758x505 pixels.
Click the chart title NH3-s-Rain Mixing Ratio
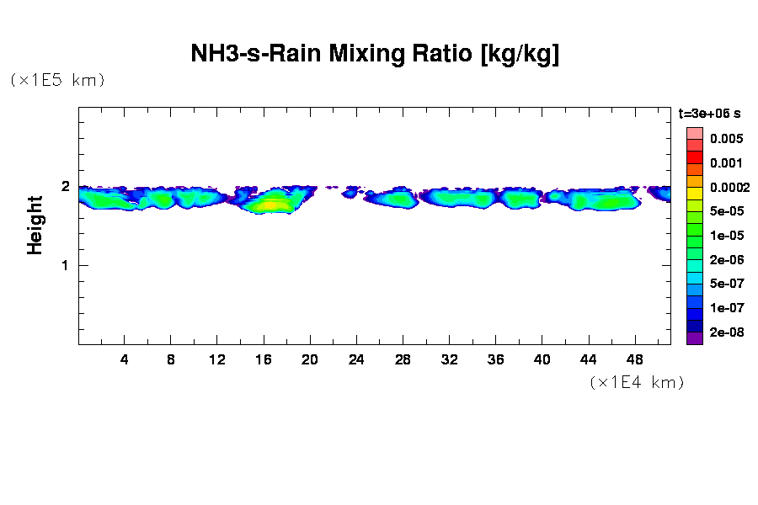coord(375,55)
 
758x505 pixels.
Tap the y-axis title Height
coord(35,225)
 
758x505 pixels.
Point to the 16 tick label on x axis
coord(264,359)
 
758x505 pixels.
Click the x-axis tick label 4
coord(125,359)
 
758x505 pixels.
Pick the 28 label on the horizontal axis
coord(403,359)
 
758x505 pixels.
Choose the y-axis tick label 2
coord(64,186)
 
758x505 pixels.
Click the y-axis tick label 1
coord(64,265)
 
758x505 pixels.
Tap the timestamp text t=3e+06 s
coord(710,113)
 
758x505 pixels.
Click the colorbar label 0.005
coord(725,139)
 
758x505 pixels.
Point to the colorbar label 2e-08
coord(725,332)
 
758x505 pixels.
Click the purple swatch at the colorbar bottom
coord(695,338)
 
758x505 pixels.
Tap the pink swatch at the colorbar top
coord(695,133)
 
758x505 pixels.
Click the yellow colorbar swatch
coord(695,193)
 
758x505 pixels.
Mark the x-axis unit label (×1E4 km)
coord(636,383)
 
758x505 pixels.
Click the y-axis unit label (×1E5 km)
coord(57,80)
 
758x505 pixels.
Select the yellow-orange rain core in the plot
coord(271,204)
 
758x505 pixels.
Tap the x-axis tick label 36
coord(495,359)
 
